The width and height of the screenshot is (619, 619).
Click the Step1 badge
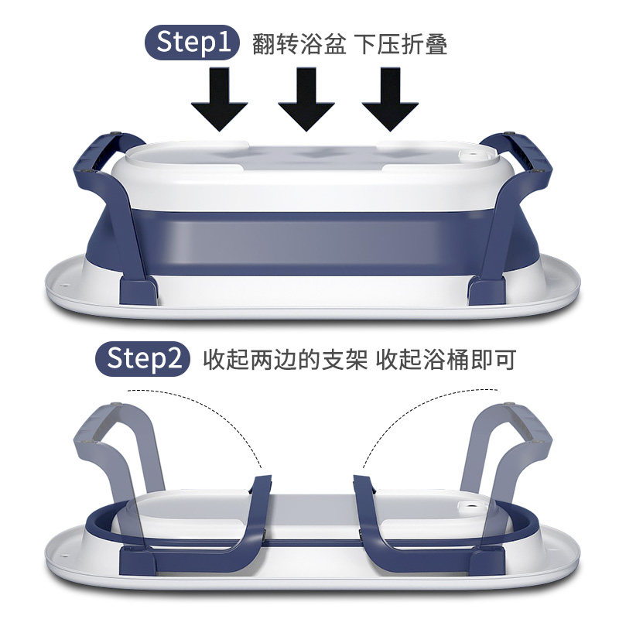[192, 43]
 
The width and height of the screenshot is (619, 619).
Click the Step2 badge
[142, 358]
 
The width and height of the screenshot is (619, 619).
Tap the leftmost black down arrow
[220, 99]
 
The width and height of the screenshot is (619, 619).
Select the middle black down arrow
[306, 99]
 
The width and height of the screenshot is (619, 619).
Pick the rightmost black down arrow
[390, 99]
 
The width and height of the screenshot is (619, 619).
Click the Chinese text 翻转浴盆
[299, 44]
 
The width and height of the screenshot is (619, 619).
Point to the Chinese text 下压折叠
[400, 44]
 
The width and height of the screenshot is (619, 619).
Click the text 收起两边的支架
[285, 359]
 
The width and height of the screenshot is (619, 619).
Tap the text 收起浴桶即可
[446, 359]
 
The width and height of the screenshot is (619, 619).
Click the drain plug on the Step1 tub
[471, 156]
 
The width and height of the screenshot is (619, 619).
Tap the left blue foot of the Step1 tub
[139, 291]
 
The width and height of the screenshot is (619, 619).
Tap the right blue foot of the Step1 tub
[486, 291]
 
